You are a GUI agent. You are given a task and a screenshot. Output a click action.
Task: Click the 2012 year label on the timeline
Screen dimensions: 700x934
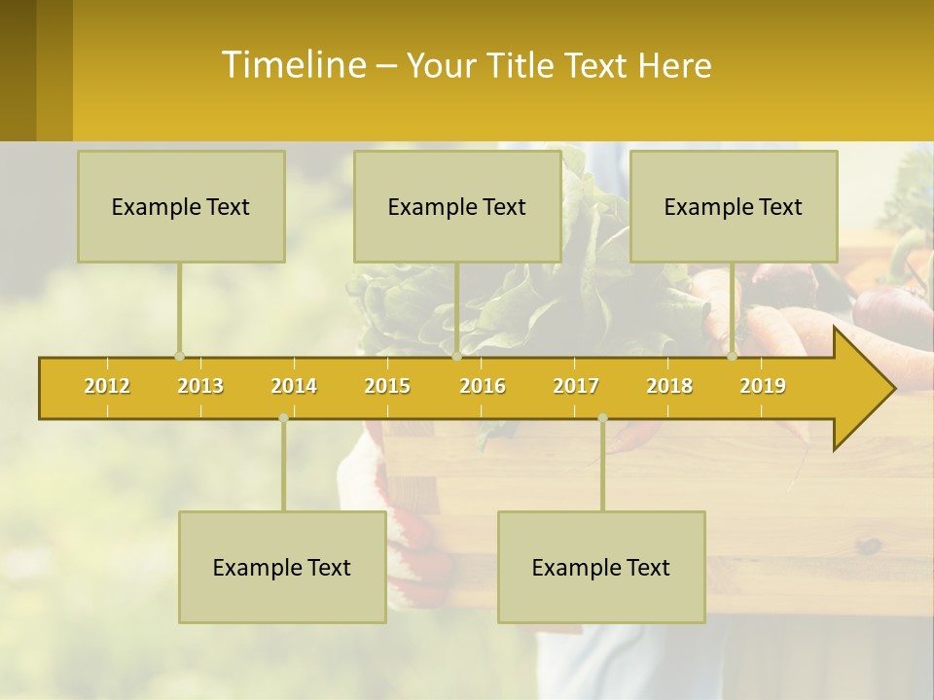point(107,386)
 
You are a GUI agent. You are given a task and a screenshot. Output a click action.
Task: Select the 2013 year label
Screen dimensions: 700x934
point(200,386)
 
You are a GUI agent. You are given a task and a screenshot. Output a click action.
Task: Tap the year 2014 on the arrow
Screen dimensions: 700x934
point(294,386)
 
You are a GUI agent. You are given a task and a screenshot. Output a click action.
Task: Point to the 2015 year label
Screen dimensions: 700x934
point(387,386)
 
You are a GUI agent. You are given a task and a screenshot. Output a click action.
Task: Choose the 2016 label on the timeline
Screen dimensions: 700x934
point(483,386)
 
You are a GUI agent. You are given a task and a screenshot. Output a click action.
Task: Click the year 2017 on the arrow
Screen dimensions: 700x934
point(576,386)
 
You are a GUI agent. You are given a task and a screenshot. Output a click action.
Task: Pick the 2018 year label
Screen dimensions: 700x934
point(669,386)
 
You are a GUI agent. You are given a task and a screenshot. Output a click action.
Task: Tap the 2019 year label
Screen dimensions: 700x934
point(763,386)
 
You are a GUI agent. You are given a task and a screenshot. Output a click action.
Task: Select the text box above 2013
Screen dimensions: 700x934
point(181,207)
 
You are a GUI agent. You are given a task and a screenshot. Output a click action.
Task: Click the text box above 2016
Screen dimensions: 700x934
point(457,207)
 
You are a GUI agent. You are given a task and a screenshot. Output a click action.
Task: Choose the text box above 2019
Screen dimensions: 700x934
point(734,207)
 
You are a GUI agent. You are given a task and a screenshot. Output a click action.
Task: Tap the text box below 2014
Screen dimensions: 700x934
point(282,568)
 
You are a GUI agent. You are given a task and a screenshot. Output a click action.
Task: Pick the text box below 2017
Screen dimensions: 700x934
point(601,568)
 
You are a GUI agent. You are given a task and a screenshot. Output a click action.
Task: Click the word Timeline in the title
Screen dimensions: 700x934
point(292,65)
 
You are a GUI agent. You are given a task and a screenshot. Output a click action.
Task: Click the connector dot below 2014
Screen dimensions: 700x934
point(283,418)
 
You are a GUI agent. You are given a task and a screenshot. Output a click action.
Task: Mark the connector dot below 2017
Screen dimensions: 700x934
point(602,418)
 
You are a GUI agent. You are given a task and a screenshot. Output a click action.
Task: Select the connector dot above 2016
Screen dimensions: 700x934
point(457,356)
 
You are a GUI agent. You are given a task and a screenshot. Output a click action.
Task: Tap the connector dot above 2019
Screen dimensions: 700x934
point(733,356)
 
